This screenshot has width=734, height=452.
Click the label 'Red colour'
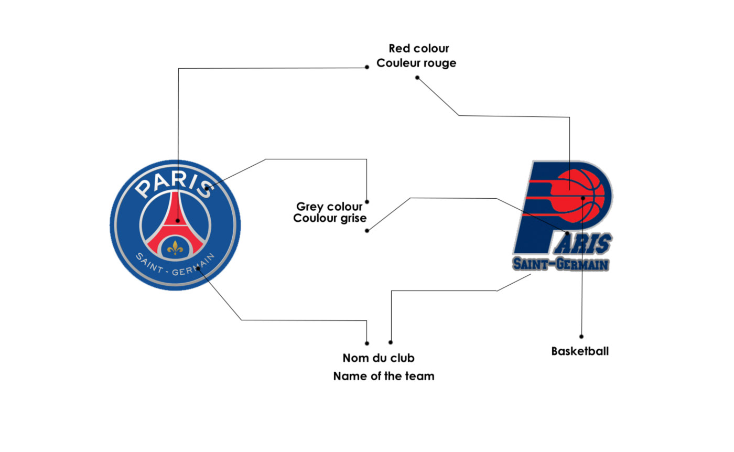[418, 49]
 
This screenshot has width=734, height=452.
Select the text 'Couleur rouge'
[416, 63]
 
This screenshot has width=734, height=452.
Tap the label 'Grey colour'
[329, 207]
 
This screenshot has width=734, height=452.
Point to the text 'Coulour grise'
[329, 218]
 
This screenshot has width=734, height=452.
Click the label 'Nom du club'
[379, 358]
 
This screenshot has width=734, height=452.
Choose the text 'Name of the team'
[384, 376]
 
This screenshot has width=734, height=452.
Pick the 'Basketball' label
[580, 351]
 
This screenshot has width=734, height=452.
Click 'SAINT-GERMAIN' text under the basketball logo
[560, 264]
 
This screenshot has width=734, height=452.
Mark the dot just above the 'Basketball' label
[581, 337]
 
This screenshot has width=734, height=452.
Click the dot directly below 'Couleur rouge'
[417, 78]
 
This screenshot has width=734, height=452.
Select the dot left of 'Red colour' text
[367, 67]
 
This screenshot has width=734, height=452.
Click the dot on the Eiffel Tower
[178, 221]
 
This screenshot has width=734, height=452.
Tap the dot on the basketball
[583, 198]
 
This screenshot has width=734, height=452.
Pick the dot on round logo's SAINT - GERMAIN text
[198, 269]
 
